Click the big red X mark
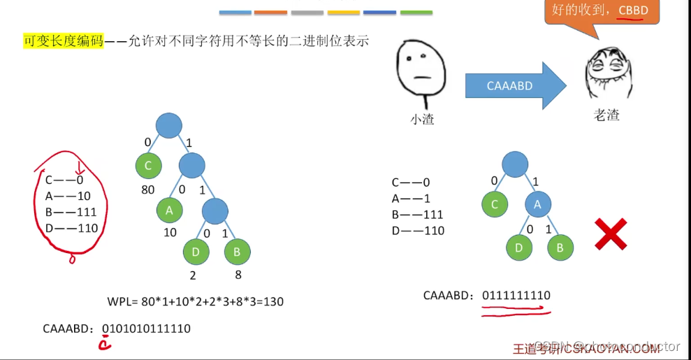tap(610, 233)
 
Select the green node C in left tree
tap(149, 166)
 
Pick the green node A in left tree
tap(169, 209)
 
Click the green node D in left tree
tap(196, 252)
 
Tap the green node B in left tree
tap(237, 252)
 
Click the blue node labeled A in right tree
tap(538, 204)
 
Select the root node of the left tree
tap(168, 126)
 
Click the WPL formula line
tap(194, 302)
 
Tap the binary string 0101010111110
tap(146, 328)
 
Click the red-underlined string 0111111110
tap(516, 295)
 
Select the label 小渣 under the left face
tap(421, 120)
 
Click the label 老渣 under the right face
tap(606, 115)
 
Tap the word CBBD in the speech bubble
tap(634, 10)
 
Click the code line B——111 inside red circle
tap(73, 212)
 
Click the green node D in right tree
tap(518, 247)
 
